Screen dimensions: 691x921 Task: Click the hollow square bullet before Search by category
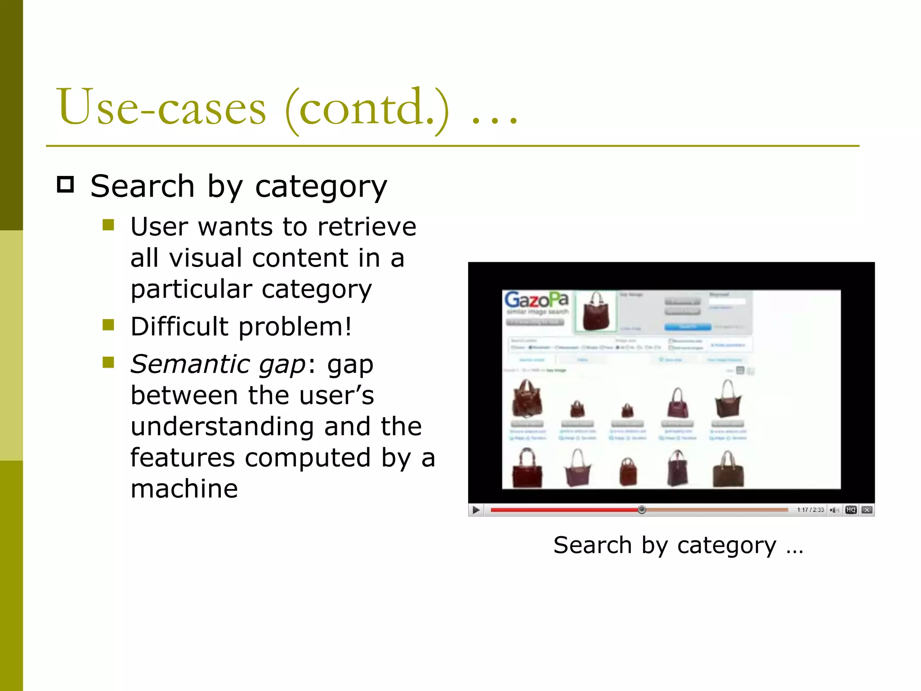click(x=66, y=185)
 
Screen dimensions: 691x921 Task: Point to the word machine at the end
click(x=184, y=489)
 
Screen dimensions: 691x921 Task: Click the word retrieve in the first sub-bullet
click(x=367, y=227)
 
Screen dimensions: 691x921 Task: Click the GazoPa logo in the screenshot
click(x=536, y=300)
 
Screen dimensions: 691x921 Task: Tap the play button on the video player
click(x=476, y=510)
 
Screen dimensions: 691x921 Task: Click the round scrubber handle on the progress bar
click(x=642, y=510)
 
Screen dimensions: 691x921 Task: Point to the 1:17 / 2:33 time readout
click(x=810, y=510)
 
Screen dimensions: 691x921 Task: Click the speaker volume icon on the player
click(x=834, y=510)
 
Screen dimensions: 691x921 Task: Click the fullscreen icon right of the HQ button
click(x=867, y=510)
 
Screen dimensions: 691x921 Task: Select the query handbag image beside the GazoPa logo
click(x=596, y=311)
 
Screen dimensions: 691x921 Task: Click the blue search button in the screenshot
click(x=688, y=327)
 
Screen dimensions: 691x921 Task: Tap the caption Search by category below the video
click(x=678, y=545)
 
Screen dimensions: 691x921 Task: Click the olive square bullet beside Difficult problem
click(x=108, y=325)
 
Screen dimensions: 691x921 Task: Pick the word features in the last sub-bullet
click(x=183, y=458)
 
